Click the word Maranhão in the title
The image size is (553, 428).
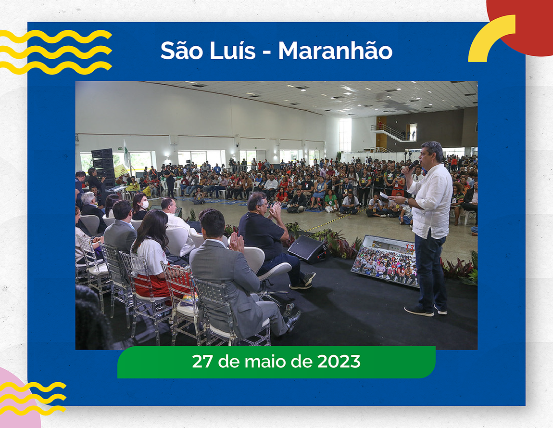pos(335,51)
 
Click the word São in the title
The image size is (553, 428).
pos(182,51)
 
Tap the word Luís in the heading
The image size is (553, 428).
pos(232,51)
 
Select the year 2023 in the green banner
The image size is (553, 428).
pos(339,362)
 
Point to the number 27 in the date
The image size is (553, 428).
pos(202,362)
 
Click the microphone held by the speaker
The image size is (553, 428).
pos(411,166)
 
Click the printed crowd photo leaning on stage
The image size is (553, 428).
pos(384,260)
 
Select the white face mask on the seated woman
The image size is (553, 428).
pos(145,205)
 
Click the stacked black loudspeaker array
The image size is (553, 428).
pos(102,166)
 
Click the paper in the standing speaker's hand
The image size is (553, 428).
pos(384,196)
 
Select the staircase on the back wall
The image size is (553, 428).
pos(389,133)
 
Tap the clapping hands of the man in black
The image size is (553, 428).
pos(275,210)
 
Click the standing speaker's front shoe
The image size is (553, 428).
pos(419,311)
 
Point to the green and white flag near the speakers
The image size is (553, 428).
pos(126,152)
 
